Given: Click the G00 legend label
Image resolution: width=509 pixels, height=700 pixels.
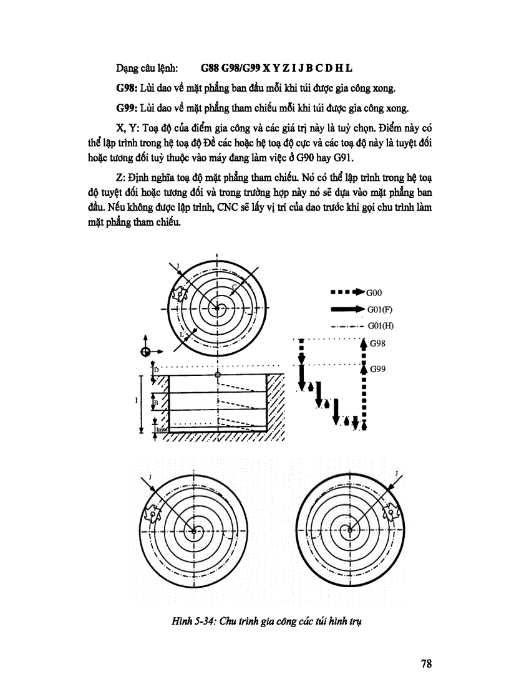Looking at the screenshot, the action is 375,292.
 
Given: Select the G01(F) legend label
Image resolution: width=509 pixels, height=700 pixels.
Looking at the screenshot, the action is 380,309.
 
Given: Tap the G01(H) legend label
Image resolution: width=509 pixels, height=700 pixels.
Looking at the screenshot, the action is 381,325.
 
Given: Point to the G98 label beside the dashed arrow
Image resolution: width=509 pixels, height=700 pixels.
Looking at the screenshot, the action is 378,343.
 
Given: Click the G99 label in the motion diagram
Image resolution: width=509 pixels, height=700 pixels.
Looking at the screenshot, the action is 378,369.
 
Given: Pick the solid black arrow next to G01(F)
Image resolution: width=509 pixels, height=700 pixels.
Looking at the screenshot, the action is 347,309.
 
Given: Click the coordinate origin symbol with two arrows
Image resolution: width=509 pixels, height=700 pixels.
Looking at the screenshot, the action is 146,350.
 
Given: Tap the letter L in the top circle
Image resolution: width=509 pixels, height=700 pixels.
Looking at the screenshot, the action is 182,335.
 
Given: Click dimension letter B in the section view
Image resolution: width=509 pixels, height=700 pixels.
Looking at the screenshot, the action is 156,403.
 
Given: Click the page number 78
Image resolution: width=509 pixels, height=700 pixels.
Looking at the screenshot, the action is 426,663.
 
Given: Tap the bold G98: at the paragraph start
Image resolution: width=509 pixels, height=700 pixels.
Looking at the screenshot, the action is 128,87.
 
